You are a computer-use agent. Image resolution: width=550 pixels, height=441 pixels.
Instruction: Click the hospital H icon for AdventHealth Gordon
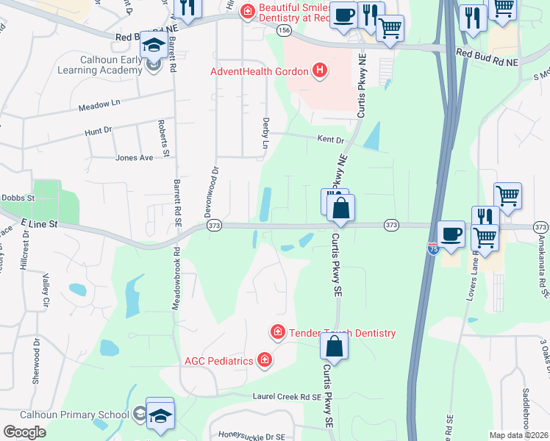(320, 71)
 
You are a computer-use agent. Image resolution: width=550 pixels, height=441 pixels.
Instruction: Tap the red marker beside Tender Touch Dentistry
(278, 333)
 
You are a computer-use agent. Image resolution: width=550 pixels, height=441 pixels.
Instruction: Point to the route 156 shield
(284, 30)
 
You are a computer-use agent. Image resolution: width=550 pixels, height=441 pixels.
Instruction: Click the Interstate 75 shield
(433, 249)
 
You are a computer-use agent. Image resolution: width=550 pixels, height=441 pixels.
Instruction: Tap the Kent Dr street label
(330, 139)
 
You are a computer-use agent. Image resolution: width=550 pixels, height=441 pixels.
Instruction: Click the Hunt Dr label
(97, 130)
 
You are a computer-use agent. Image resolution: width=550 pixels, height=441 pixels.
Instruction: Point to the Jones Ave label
(134, 157)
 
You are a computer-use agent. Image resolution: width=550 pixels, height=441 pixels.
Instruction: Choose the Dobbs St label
(18, 198)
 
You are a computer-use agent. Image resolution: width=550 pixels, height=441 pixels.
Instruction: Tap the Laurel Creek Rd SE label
(277, 397)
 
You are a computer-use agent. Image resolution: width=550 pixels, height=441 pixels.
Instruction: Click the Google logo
(24, 432)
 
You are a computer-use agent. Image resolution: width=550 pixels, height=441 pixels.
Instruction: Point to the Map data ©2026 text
(518, 435)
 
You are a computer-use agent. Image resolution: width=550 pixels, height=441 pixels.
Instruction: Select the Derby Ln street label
(265, 135)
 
